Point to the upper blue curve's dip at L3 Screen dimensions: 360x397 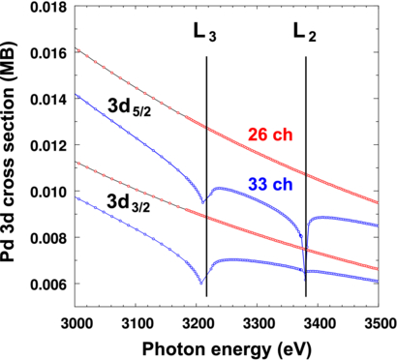click(202, 202)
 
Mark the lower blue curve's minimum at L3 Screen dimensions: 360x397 click(200, 283)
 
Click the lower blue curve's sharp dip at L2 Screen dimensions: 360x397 click(306, 293)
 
